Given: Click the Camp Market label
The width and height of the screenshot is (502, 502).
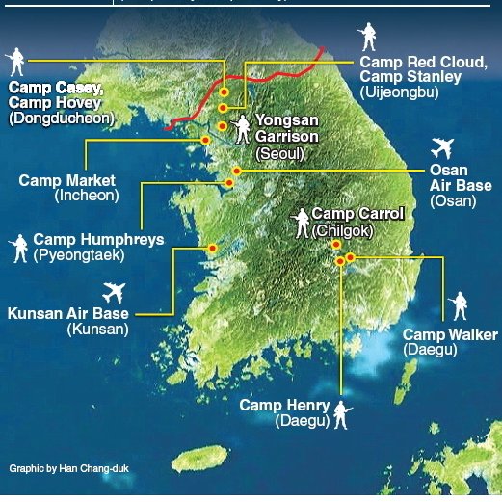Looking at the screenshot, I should point(67,180).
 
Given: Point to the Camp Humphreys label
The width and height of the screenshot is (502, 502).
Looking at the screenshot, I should point(97,239).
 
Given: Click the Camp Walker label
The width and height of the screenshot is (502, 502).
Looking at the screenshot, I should point(450,334).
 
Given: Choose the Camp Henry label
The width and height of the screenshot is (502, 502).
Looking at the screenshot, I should point(284,406).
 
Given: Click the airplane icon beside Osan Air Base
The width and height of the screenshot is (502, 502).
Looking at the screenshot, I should point(442,147).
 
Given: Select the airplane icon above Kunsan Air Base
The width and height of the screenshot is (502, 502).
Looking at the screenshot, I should point(113,291).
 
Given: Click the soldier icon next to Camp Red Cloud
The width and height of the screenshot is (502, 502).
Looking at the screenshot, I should point(366,37).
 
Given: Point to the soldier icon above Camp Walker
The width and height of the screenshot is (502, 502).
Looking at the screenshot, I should point(459,306).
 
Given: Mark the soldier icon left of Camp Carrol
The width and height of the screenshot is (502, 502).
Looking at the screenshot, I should point(303,223).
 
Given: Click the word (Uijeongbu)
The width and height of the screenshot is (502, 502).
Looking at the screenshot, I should point(399,92).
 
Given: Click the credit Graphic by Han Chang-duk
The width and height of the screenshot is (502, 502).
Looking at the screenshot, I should point(68,469).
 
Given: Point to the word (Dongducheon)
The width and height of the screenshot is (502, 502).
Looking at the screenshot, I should point(62,119).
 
